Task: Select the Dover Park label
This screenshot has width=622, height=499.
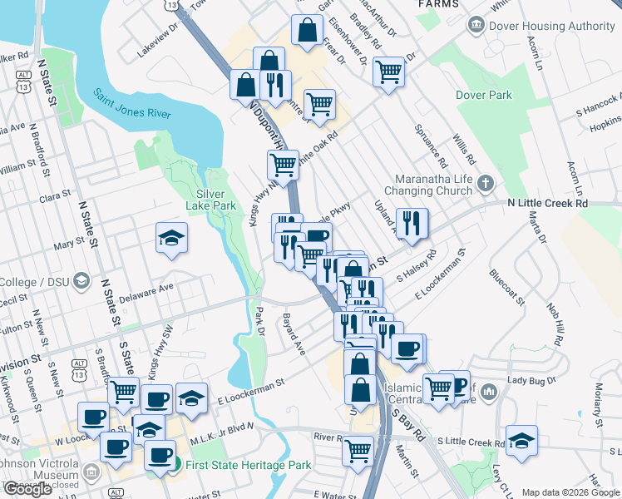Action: tap(484, 95)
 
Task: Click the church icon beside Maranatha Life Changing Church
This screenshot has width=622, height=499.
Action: tap(486, 182)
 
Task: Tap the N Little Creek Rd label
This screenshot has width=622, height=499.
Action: tap(547, 203)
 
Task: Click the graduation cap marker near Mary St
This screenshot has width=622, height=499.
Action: tap(171, 240)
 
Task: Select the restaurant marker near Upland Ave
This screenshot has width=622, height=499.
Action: tap(412, 224)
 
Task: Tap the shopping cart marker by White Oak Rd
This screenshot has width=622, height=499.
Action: tap(283, 166)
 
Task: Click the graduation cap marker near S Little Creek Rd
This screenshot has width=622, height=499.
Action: tap(521, 441)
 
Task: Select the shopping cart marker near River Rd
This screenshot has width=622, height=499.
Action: tap(358, 452)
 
